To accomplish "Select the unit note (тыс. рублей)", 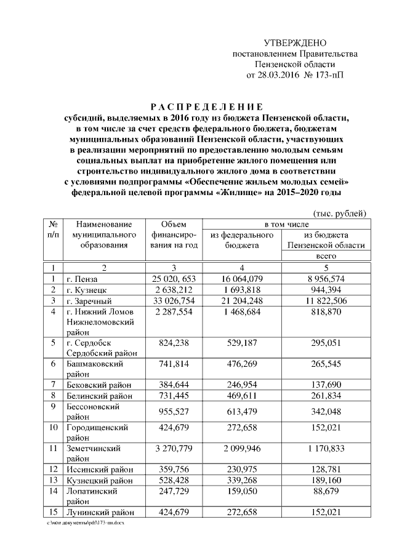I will tap(340, 214).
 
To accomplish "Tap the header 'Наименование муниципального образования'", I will tap(103, 235).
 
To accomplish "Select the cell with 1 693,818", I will tap(241, 290).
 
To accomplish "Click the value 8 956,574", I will tap(330, 279).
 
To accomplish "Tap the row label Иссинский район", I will tap(95, 470).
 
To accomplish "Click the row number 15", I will tap(53, 512).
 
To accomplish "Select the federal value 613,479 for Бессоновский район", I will tap(241, 411).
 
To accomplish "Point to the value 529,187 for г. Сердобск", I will tap(241, 342).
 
